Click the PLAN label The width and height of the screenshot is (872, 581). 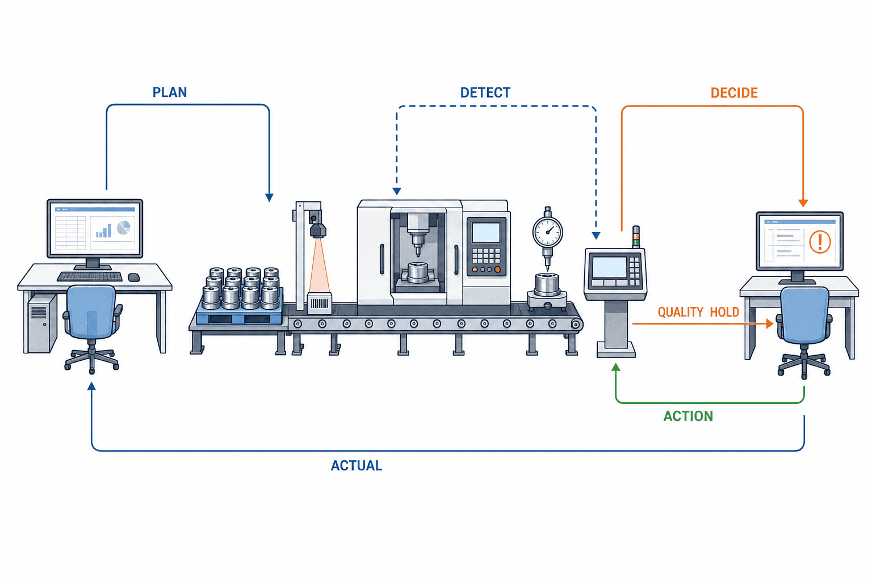pyautogui.click(x=170, y=92)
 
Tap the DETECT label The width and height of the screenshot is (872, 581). pyautogui.click(x=485, y=92)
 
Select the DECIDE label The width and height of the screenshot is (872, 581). pyautogui.click(x=734, y=92)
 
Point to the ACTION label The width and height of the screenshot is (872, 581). pyautogui.click(x=688, y=416)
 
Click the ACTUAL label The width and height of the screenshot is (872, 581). pyautogui.click(x=357, y=465)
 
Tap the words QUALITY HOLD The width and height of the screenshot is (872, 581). pyautogui.click(x=698, y=311)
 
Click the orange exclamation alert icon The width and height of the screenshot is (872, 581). pyautogui.click(x=820, y=242)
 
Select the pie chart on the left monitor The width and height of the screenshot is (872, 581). pyautogui.click(x=123, y=228)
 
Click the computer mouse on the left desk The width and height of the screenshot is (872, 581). pyautogui.click(x=134, y=277)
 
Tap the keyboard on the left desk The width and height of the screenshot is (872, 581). pyautogui.click(x=90, y=276)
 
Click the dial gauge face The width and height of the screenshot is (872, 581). pyautogui.click(x=548, y=232)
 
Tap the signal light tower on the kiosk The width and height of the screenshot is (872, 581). pyautogui.click(x=636, y=236)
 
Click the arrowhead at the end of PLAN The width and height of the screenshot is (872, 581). pyautogui.click(x=269, y=197)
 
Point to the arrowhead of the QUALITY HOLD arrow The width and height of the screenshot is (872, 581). pyautogui.click(x=769, y=323)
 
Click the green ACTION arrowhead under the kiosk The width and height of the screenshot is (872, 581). pyautogui.click(x=616, y=367)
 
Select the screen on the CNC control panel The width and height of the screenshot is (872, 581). pyautogui.click(x=486, y=233)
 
